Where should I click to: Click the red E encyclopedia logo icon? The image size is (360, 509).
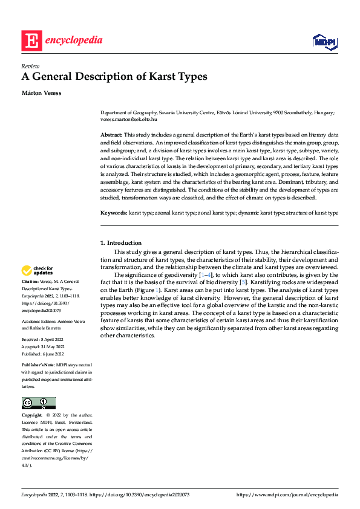pyautogui.click(x=31, y=41)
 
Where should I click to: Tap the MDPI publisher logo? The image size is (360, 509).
pyautogui.click(x=324, y=41)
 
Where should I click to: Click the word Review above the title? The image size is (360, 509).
pyautogui.click(x=30, y=66)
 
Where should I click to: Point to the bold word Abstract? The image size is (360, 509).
pyautogui.click(x=112, y=135)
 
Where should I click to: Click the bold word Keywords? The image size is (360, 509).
pyautogui.click(x=114, y=213)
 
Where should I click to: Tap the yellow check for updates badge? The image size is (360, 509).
pyautogui.click(x=38, y=270)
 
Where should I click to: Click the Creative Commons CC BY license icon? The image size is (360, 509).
pyautogui.click(x=38, y=403)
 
